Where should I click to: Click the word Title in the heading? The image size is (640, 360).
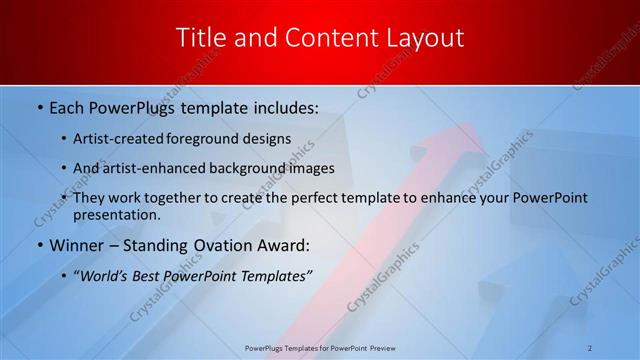point(200,39)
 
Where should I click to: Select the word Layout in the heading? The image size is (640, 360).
point(426,39)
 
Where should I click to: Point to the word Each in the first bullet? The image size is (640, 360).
point(67,105)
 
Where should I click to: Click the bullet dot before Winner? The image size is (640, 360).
point(40,245)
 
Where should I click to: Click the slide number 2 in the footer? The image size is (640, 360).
point(590,347)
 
